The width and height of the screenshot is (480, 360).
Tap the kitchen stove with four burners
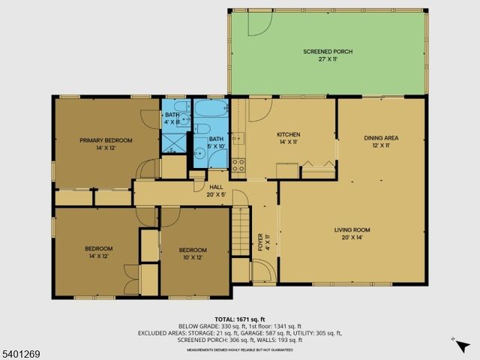(x=238, y=164)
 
